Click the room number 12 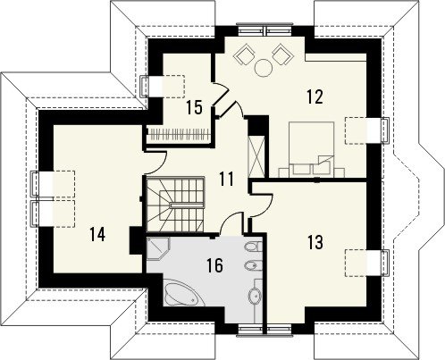pyautogui.click(x=315, y=96)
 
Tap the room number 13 pyautogui.click(x=315, y=242)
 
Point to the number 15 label pyautogui.click(x=195, y=107)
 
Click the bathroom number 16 pyautogui.click(x=214, y=265)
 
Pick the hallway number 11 pyautogui.click(x=226, y=179)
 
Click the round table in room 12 pyautogui.click(x=264, y=68)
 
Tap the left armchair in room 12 pyautogui.click(x=246, y=54)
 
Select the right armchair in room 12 pyautogui.click(x=281, y=54)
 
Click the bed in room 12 pyautogui.click(x=311, y=149)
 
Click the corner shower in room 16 pyautogui.click(x=158, y=248)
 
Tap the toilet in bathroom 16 pyautogui.click(x=253, y=247)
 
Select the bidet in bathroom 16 pyautogui.click(x=253, y=264)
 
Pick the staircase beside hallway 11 pyautogui.click(x=176, y=205)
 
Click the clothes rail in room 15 pyautogui.click(x=180, y=134)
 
